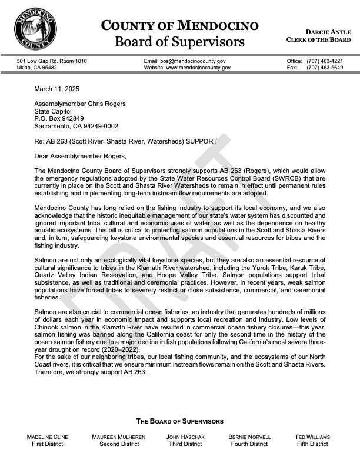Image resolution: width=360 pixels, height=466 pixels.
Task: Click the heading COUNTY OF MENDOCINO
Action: pyautogui.click(x=179, y=25)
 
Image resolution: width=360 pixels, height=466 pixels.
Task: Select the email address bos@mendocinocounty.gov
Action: pyautogui.click(x=184, y=61)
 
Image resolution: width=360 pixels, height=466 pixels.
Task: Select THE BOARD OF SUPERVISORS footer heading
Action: pyautogui.click(x=180, y=421)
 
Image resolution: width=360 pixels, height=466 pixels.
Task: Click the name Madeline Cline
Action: pyautogui.click(x=48, y=437)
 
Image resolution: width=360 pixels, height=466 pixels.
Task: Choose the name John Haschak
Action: pyautogui.click(x=185, y=437)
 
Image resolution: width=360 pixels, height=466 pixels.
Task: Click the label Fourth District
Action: pyautogui.click(x=249, y=444)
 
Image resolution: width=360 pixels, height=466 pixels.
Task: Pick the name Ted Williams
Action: pyautogui.click(x=312, y=437)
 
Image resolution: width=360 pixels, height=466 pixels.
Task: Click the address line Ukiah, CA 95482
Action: pyautogui.click(x=37, y=68)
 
